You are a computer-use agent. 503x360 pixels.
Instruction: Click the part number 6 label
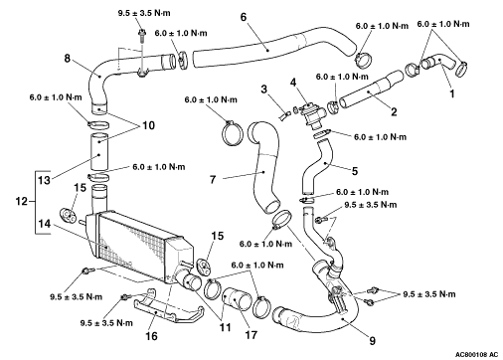(x=244, y=17)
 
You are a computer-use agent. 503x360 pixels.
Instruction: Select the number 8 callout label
(x=68, y=59)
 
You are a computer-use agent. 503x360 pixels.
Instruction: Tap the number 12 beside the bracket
(x=22, y=201)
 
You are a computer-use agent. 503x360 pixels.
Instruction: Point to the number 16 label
(x=151, y=336)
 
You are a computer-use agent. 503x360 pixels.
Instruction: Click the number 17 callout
(x=251, y=335)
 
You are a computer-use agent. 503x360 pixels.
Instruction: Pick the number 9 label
(x=373, y=341)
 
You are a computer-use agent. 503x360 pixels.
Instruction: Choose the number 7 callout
(x=213, y=180)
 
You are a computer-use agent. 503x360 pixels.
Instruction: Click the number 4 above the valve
(x=293, y=83)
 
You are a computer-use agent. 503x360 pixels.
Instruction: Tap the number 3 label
(x=263, y=89)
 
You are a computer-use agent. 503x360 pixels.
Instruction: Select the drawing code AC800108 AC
(x=476, y=354)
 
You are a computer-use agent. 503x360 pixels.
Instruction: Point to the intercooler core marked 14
(x=136, y=246)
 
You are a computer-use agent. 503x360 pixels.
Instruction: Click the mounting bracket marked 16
(x=166, y=308)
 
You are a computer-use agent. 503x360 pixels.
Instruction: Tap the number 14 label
(x=44, y=224)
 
